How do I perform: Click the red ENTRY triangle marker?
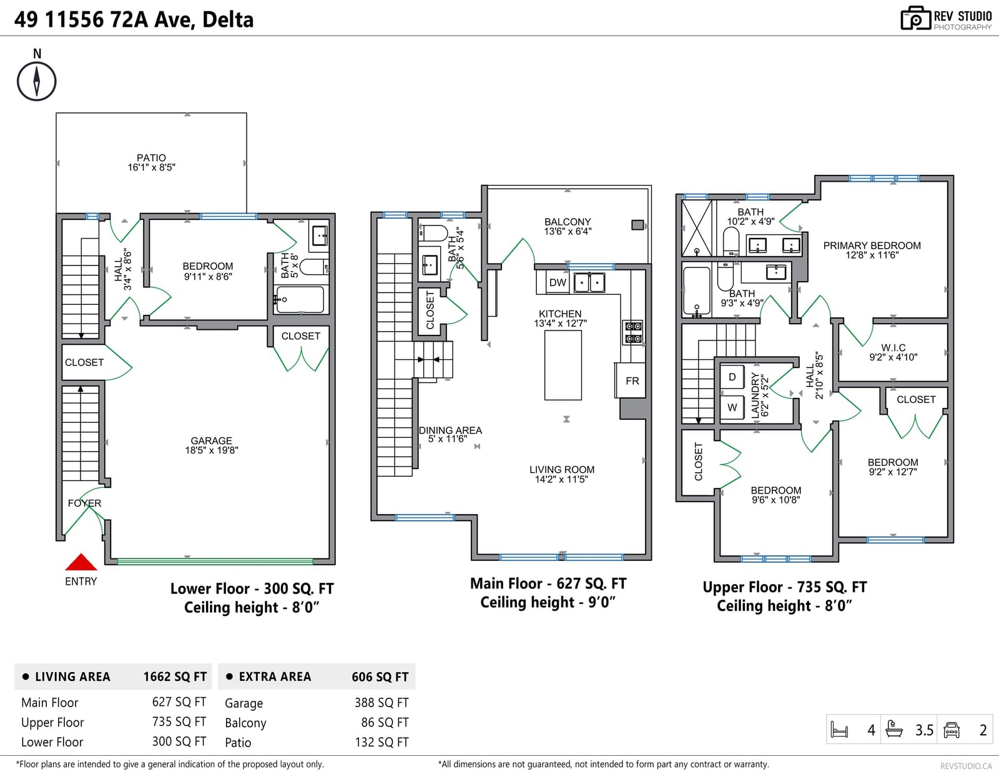tap(81, 562)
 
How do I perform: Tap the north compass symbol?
tap(37, 81)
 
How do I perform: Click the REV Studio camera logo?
tap(915, 18)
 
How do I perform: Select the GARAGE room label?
tap(212, 440)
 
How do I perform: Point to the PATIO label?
tap(151, 158)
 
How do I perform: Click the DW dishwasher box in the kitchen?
tap(558, 282)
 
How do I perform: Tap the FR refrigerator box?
tap(632, 381)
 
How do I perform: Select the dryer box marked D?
tap(732, 377)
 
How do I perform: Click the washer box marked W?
tap(732, 407)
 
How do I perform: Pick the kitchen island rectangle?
tap(563, 365)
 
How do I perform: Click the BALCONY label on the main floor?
tap(568, 222)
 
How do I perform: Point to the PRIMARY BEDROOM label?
tap(872, 246)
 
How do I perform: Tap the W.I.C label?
tap(893, 348)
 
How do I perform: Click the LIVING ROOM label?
tap(562, 470)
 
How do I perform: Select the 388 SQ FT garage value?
tap(381, 703)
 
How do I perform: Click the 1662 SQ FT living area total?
tap(175, 677)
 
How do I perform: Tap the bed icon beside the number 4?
tap(840, 730)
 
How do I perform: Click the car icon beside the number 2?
tap(952, 730)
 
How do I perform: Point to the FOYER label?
tap(84, 503)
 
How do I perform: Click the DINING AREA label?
tap(451, 430)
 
